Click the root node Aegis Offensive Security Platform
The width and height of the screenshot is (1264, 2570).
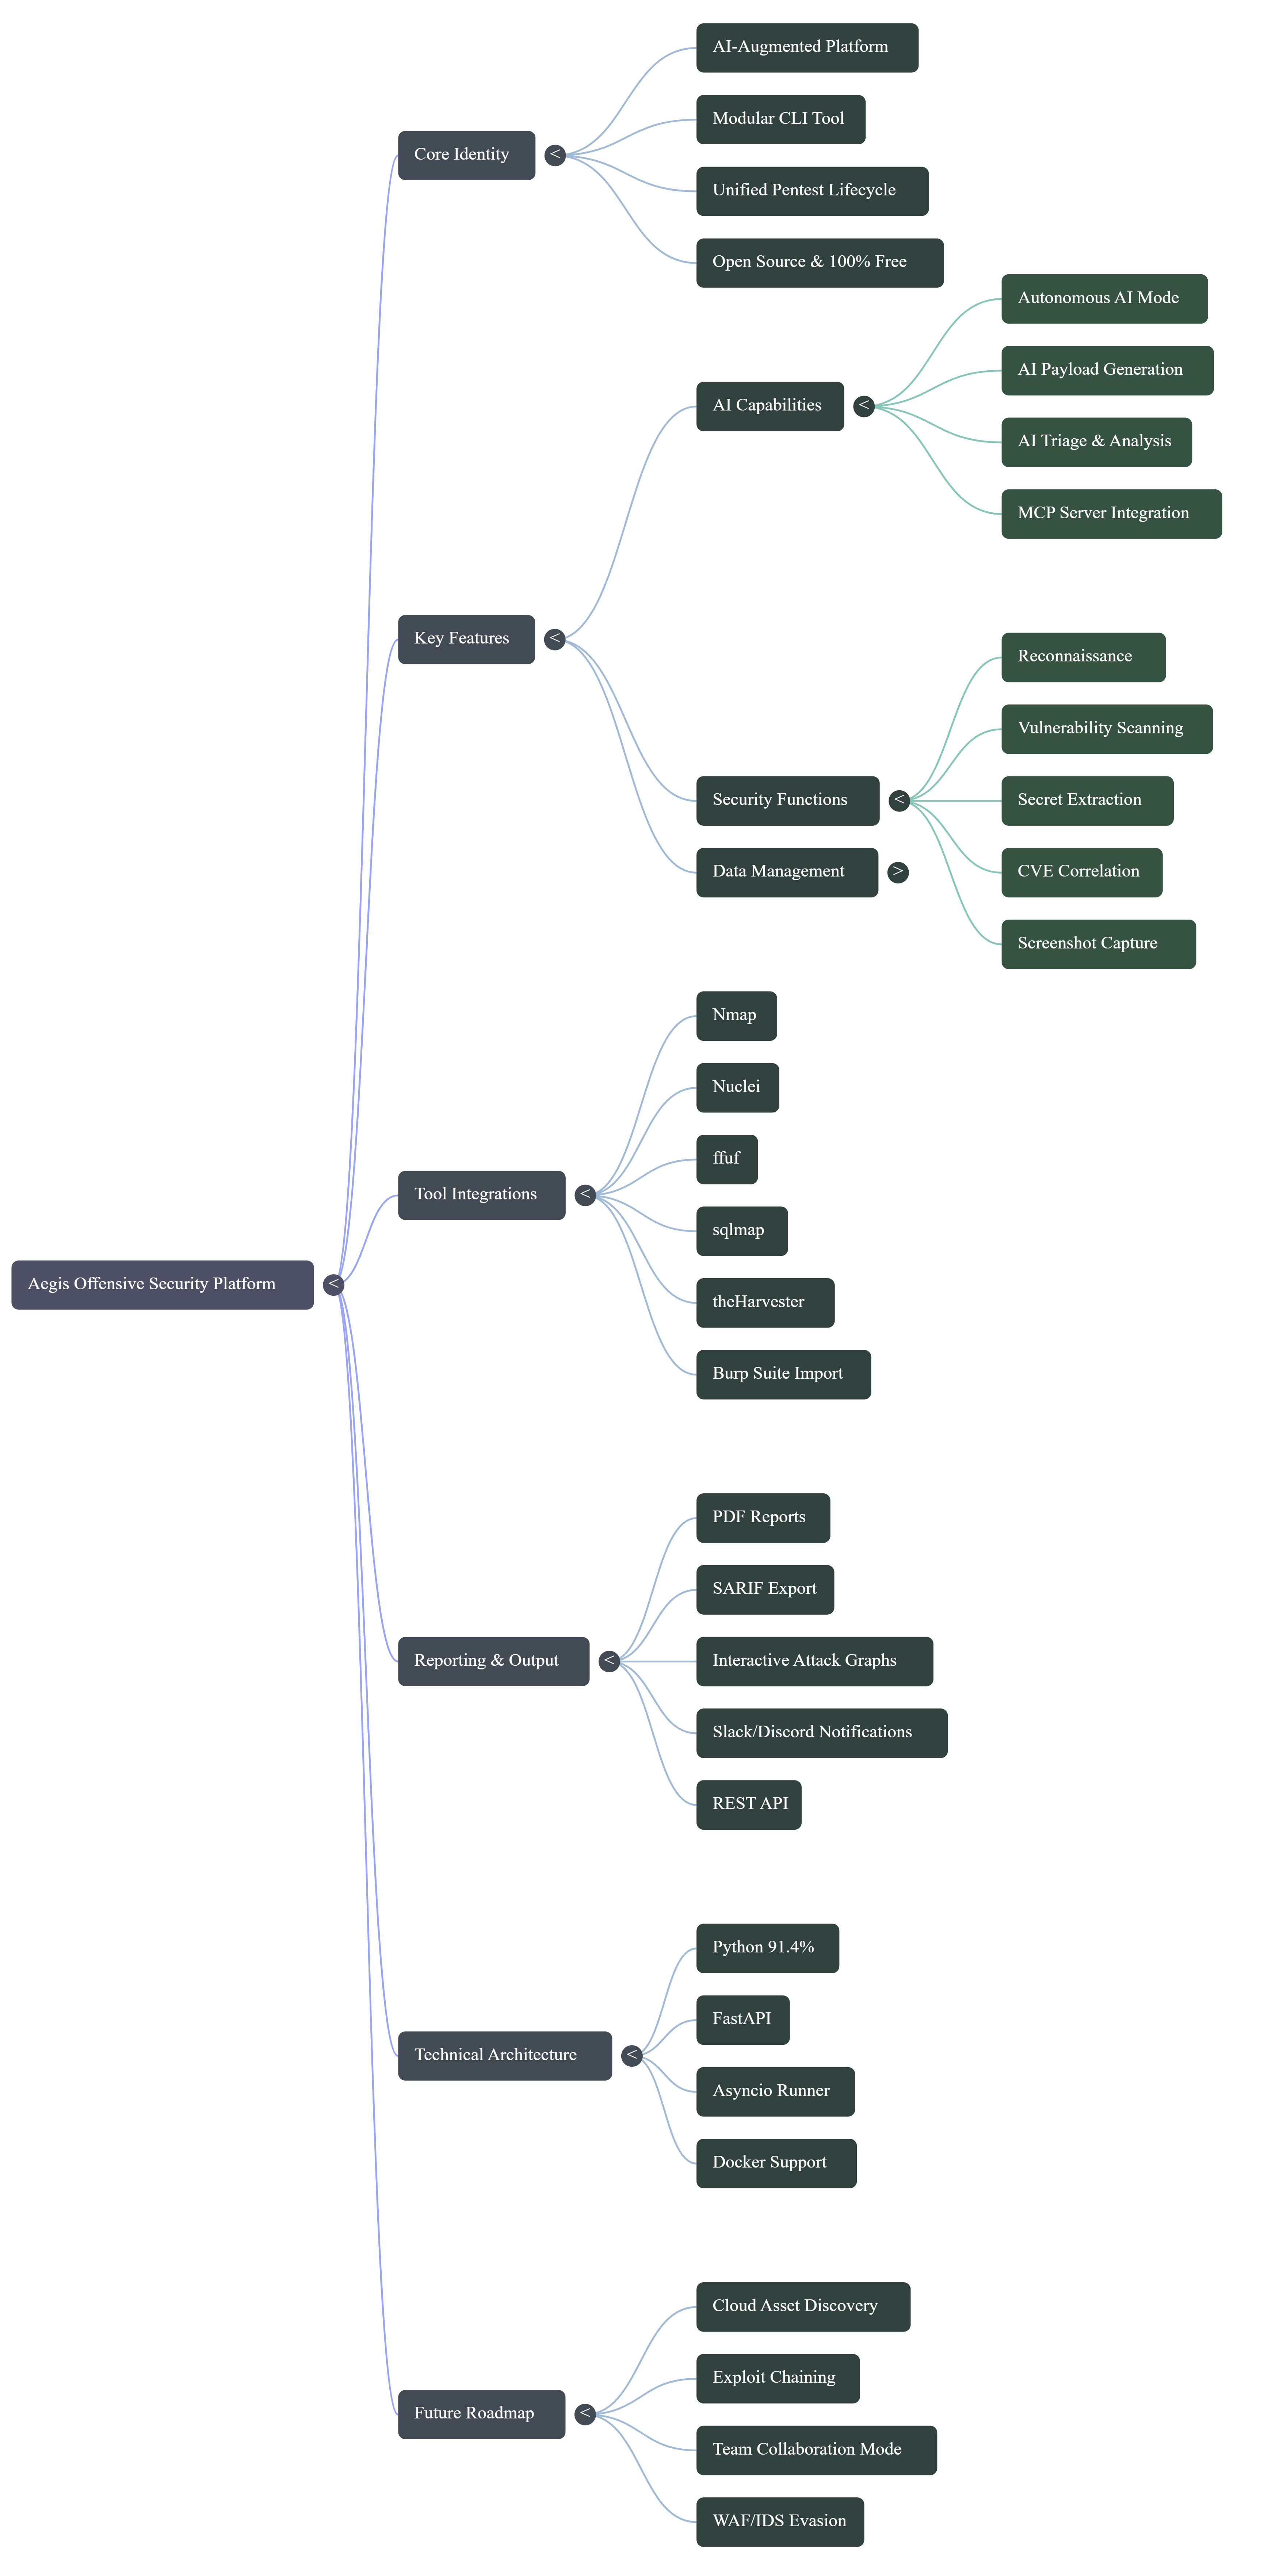(162, 1284)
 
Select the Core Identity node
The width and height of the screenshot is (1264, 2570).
(466, 154)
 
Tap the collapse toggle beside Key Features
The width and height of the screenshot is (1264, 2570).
(555, 638)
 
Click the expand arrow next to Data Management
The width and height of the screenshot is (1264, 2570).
(898, 872)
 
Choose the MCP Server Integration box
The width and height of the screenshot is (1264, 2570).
(1110, 514)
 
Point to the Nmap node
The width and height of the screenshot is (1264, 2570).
(735, 1016)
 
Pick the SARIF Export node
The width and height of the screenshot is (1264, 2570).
(764, 1589)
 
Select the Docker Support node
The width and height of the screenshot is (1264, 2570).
(775, 2163)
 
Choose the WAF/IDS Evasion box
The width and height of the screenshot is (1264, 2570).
(779, 2521)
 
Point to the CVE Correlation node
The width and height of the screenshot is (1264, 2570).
(1080, 872)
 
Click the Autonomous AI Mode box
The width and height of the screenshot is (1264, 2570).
(1103, 298)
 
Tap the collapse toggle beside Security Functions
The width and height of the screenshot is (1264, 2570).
(899, 800)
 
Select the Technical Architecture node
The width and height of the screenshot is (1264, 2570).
(504, 2055)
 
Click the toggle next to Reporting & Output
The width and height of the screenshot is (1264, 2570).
(608, 1661)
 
